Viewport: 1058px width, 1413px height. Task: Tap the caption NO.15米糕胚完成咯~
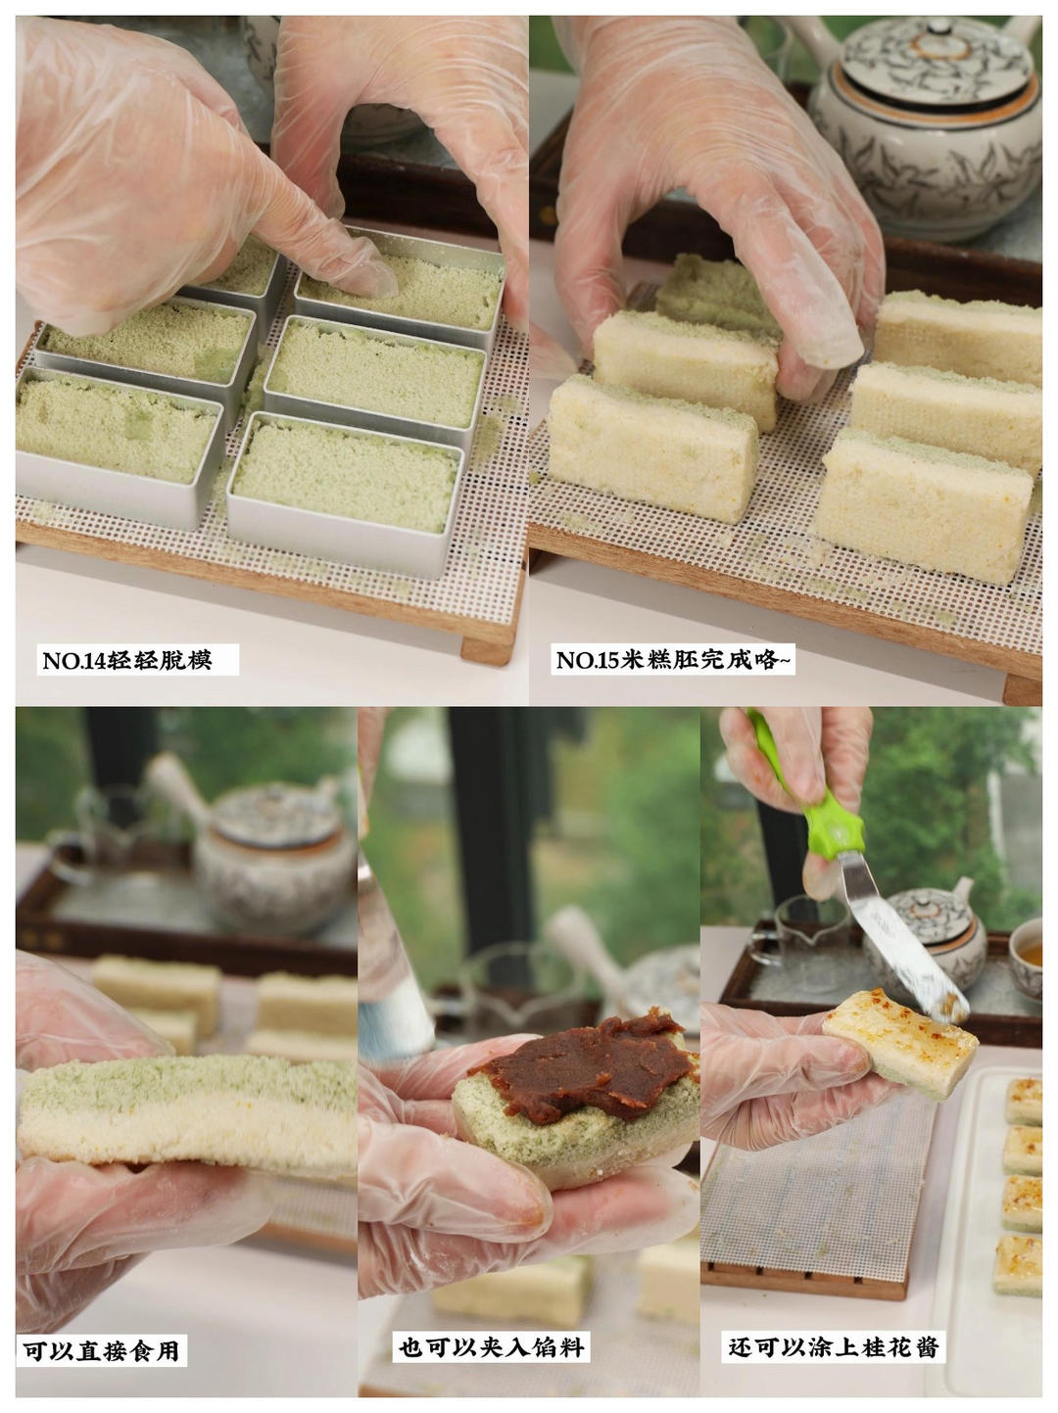pyautogui.click(x=673, y=661)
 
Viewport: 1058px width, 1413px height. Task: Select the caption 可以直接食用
pyautogui.click(x=102, y=1352)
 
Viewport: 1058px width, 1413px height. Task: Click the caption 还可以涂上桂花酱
pyautogui.click(x=834, y=1347)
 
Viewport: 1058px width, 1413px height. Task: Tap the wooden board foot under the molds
pyautogui.click(x=487, y=646)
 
